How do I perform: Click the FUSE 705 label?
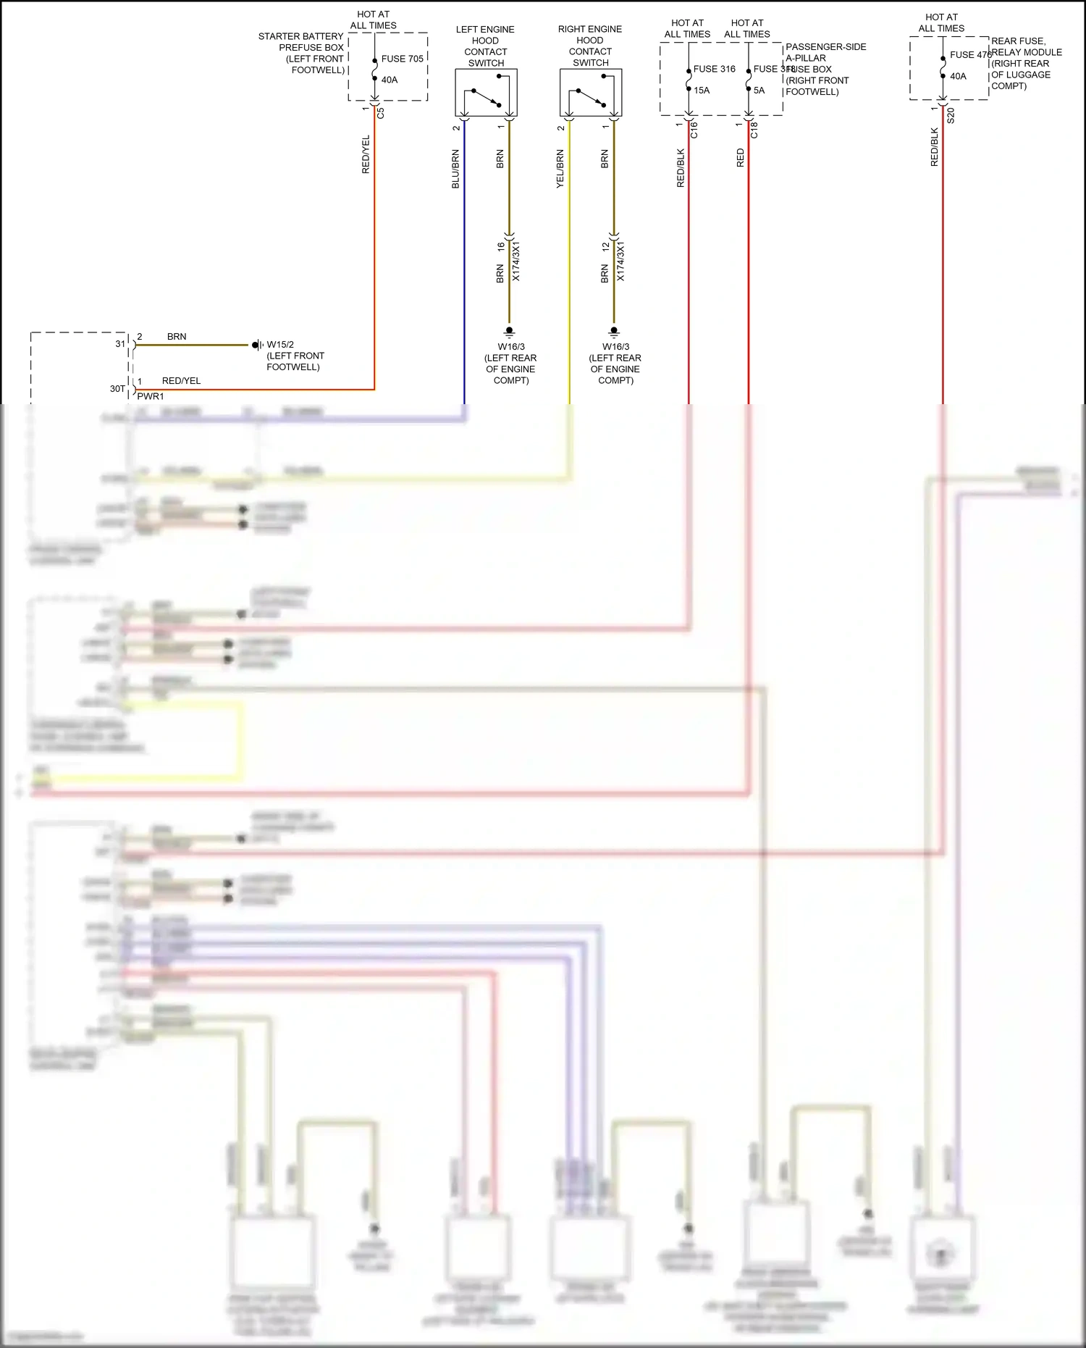[402, 59]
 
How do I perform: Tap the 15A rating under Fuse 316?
[702, 91]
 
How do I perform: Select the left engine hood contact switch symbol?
[486, 93]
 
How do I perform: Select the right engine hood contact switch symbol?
[591, 93]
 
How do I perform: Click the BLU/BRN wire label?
[455, 169]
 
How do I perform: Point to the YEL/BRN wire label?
[560, 169]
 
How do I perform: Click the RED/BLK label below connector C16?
[681, 168]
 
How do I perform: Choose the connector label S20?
[951, 116]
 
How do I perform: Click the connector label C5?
[381, 113]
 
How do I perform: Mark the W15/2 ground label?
[280, 345]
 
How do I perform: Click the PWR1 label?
[151, 396]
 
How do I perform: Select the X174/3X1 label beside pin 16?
[516, 261]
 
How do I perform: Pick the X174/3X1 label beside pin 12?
[620, 261]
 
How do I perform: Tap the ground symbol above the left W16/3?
[509, 332]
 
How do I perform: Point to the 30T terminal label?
[117, 389]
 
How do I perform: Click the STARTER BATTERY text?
[300, 36]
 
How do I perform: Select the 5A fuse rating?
[759, 91]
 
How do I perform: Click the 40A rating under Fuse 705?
[390, 80]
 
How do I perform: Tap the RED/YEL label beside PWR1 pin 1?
[181, 381]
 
